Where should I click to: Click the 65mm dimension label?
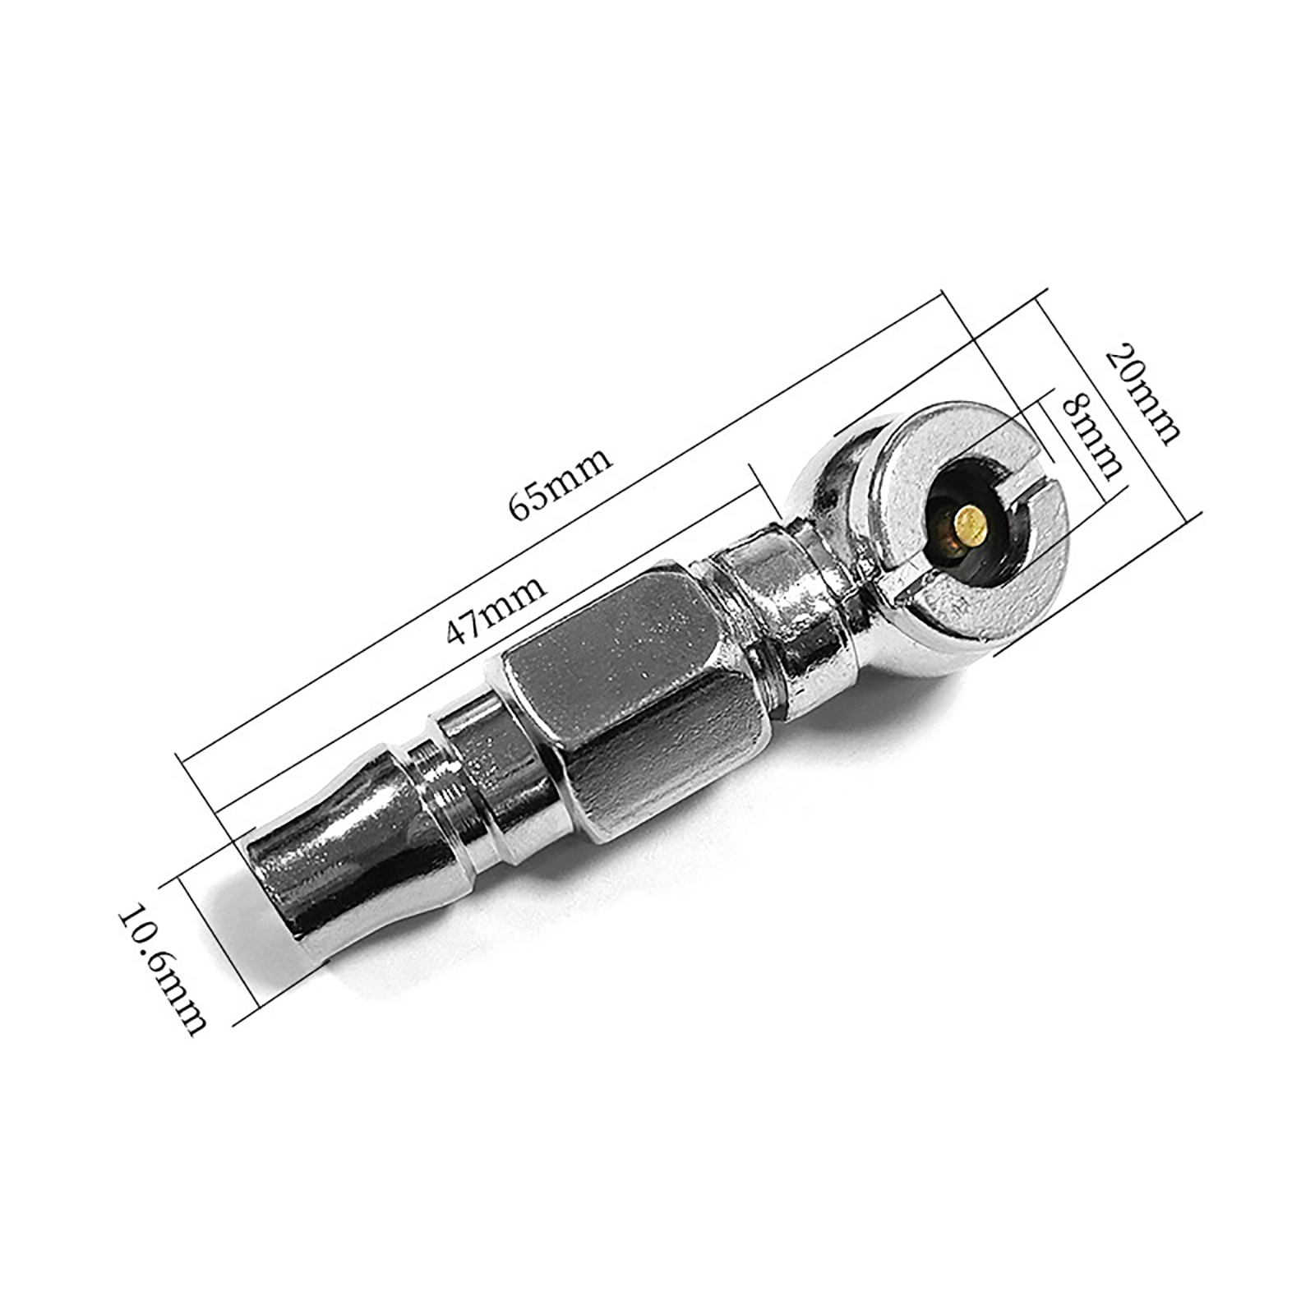561,484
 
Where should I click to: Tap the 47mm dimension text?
496,611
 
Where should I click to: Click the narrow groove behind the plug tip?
435,776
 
